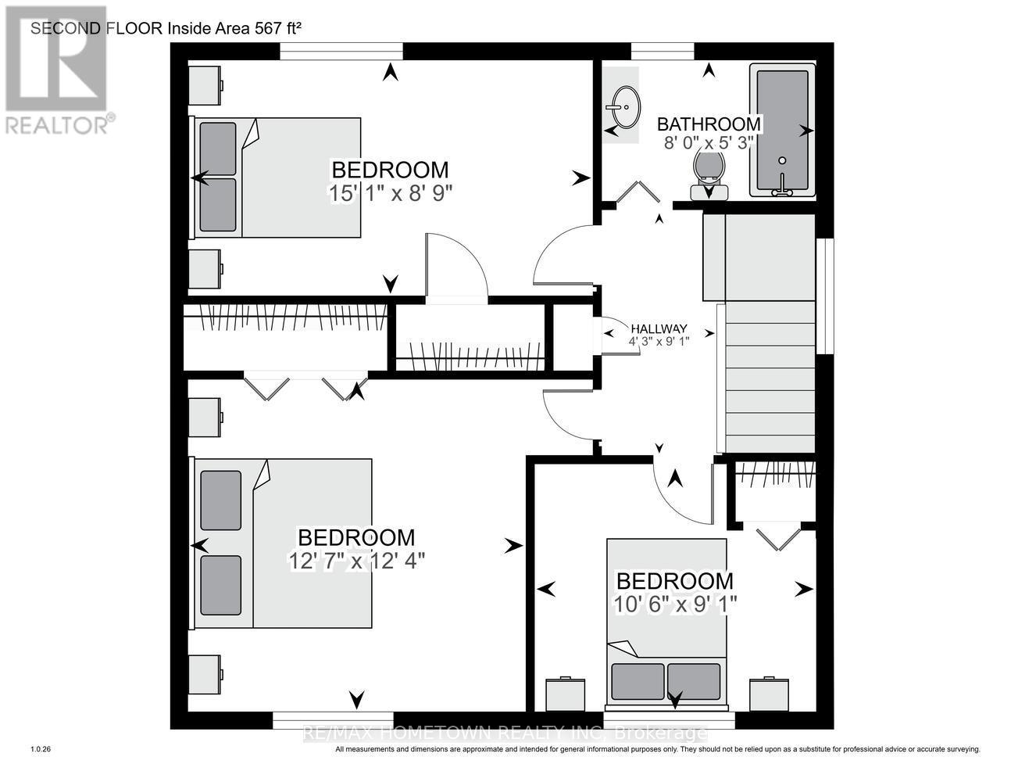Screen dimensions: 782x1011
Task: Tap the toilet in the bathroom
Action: [x=709, y=173]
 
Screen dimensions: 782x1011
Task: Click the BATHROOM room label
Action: [x=708, y=124]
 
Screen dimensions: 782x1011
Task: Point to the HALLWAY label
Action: [x=659, y=328]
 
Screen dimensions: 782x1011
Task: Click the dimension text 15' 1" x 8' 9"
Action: [x=391, y=193]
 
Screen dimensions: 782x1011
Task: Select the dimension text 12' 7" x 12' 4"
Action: [x=356, y=561]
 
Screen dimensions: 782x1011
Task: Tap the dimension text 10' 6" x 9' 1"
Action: [x=675, y=604]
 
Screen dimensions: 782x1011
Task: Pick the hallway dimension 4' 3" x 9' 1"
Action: [x=659, y=341]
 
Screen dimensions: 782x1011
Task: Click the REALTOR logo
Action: [x=57, y=70]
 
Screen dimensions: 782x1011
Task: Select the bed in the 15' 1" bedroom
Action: [x=277, y=178]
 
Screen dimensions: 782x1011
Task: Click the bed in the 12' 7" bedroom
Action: [x=283, y=543]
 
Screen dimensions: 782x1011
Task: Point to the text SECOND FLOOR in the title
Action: [x=96, y=29]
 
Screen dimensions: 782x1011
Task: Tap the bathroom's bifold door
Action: [x=639, y=192]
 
